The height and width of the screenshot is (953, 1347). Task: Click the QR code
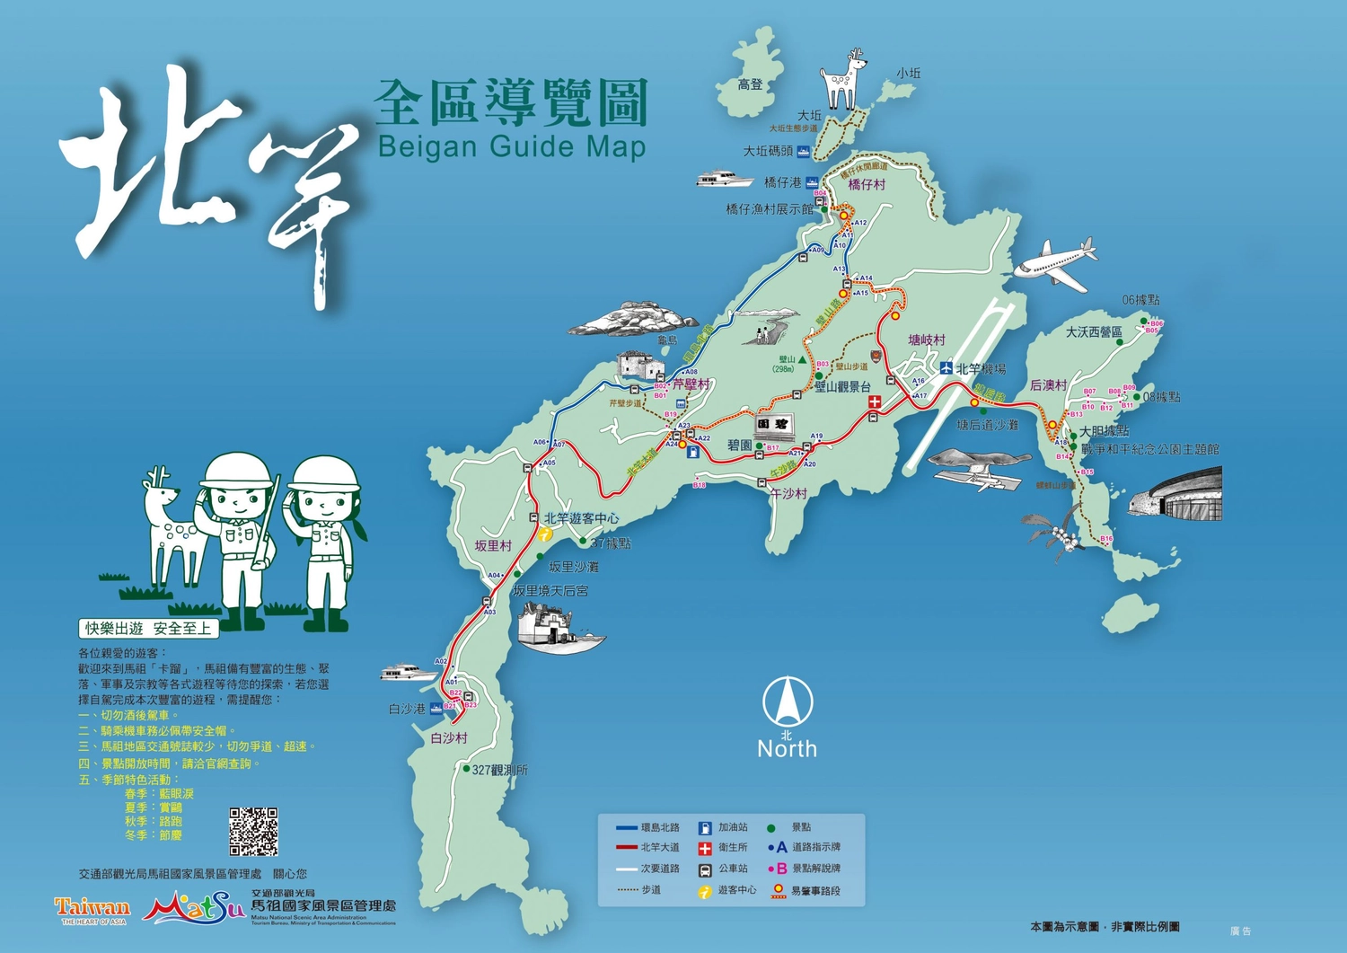coord(253,832)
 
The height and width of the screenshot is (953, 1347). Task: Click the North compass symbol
coord(788,702)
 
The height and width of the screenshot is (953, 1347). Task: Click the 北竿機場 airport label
coord(980,369)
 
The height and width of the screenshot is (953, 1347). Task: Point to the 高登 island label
coord(751,84)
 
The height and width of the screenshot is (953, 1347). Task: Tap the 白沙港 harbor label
coord(407,709)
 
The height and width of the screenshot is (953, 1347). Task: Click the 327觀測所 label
coord(500,770)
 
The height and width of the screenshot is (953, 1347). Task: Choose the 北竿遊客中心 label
coord(581,518)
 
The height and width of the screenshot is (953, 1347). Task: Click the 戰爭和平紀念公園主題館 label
coord(1150,449)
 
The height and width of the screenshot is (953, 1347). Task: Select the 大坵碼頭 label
coord(768,151)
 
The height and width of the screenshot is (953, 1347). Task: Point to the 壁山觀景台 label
coord(842,387)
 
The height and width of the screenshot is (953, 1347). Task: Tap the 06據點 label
coord(1140,300)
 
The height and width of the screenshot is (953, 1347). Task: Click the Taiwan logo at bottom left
coord(92,909)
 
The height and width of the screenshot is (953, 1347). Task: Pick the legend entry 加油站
coord(733,827)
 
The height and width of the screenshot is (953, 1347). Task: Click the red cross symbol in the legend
coord(705,848)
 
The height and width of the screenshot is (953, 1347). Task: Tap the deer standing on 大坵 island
coord(844,80)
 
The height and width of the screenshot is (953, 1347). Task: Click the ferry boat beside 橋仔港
coord(724,179)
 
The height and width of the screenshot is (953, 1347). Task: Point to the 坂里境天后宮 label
coord(550,591)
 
